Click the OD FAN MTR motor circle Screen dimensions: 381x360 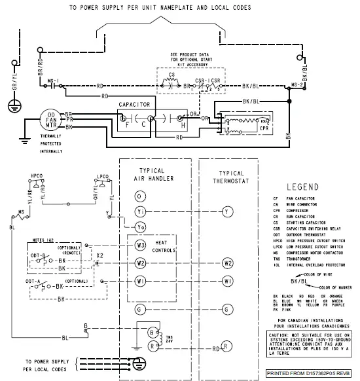(x=50, y=120)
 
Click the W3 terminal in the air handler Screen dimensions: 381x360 (x=140, y=245)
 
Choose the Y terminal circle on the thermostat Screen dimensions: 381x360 (x=226, y=211)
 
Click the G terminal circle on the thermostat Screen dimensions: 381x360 (x=226, y=308)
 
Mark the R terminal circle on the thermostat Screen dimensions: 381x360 (x=226, y=344)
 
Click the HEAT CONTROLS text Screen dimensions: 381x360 (x=162, y=245)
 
